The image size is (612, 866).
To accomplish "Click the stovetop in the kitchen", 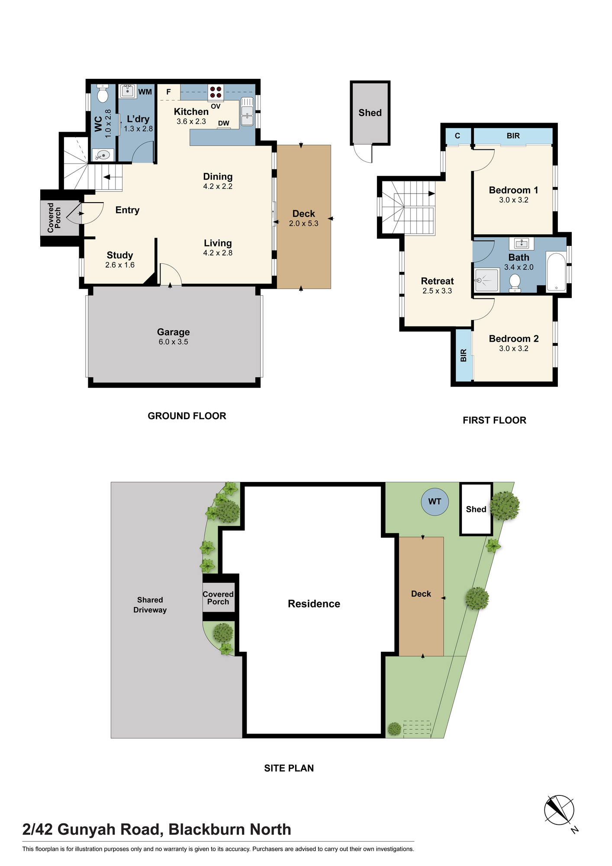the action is pos(216,92).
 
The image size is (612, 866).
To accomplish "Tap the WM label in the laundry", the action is pos(145,92).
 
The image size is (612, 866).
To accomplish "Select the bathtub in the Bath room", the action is pos(556,271).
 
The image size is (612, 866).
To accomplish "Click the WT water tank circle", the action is pos(435,501).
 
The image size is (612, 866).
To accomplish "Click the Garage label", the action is pos(173,332).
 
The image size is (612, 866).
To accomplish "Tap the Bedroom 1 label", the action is pos(514,190).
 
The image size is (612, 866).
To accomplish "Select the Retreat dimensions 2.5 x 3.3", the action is pos(437,291).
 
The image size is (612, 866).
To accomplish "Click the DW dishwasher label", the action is pos(224,123).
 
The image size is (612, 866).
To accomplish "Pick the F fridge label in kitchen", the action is pos(169,92).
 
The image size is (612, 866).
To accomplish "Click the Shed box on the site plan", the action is pos(476,509).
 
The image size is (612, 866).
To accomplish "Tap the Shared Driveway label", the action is pos(150,605).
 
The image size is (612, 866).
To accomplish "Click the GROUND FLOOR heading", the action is pos(187,416).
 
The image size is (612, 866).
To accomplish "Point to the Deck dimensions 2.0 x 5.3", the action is pos(304,223).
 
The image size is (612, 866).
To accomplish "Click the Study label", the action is pos(120,255).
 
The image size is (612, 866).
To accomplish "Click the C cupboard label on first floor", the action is pos(457,136).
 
